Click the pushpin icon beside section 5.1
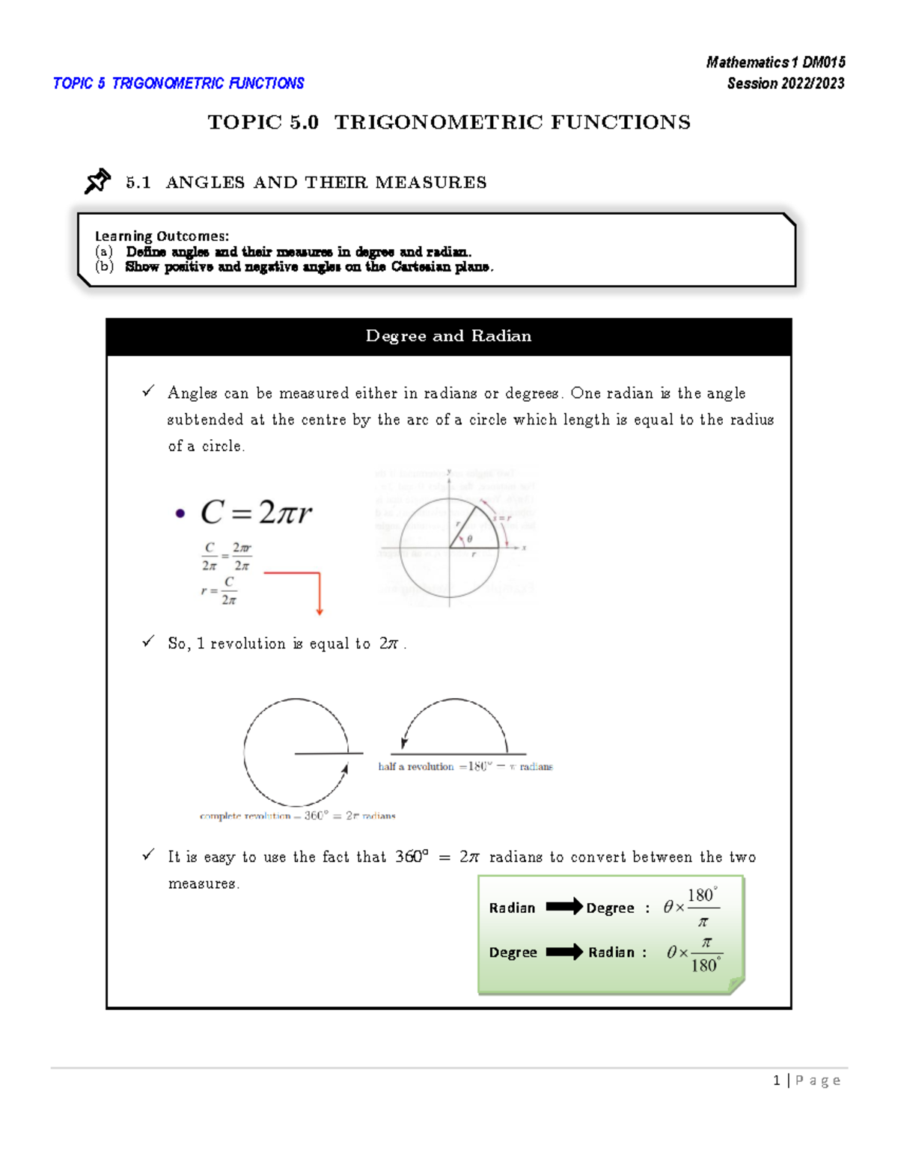point(97,181)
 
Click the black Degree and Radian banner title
point(448,336)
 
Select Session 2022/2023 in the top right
point(785,83)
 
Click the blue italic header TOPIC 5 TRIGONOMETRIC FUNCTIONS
point(178,83)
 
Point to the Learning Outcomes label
point(162,236)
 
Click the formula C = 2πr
point(256,513)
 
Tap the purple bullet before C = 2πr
point(180,513)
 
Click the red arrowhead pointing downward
point(320,611)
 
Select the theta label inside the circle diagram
point(469,539)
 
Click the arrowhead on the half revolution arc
point(403,742)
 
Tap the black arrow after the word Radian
point(563,907)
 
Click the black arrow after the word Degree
point(563,952)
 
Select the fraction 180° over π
point(703,908)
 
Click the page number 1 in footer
point(777,1080)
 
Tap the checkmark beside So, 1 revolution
point(148,641)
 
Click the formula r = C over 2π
point(220,590)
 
